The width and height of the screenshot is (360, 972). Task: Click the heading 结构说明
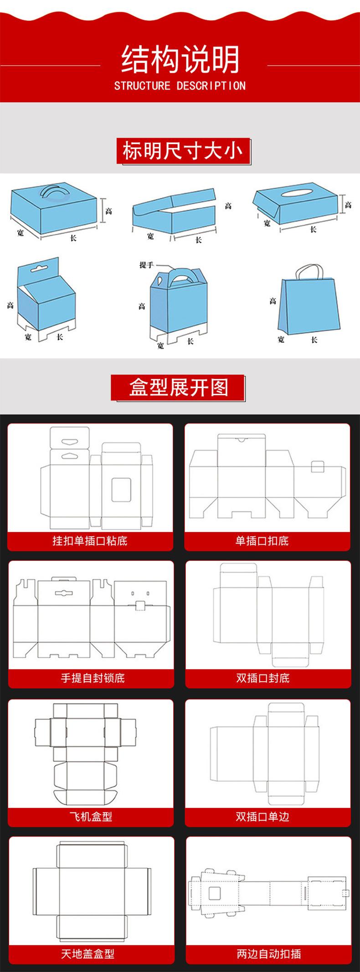[180, 59]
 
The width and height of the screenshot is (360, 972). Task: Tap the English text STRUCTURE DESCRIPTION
[180, 86]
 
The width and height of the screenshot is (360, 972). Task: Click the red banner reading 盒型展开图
[178, 388]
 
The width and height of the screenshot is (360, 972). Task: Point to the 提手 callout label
[147, 265]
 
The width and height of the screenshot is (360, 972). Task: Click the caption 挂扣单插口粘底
[90, 541]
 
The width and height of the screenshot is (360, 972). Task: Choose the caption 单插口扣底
[262, 541]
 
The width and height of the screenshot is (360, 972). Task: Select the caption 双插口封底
[263, 678]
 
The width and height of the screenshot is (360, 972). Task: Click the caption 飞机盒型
[91, 817]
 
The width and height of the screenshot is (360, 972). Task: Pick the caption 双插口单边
[262, 817]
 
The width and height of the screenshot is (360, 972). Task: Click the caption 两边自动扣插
[269, 954]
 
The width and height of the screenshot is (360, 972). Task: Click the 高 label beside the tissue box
[348, 205]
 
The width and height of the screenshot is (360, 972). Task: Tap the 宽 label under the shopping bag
[281, 339]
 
